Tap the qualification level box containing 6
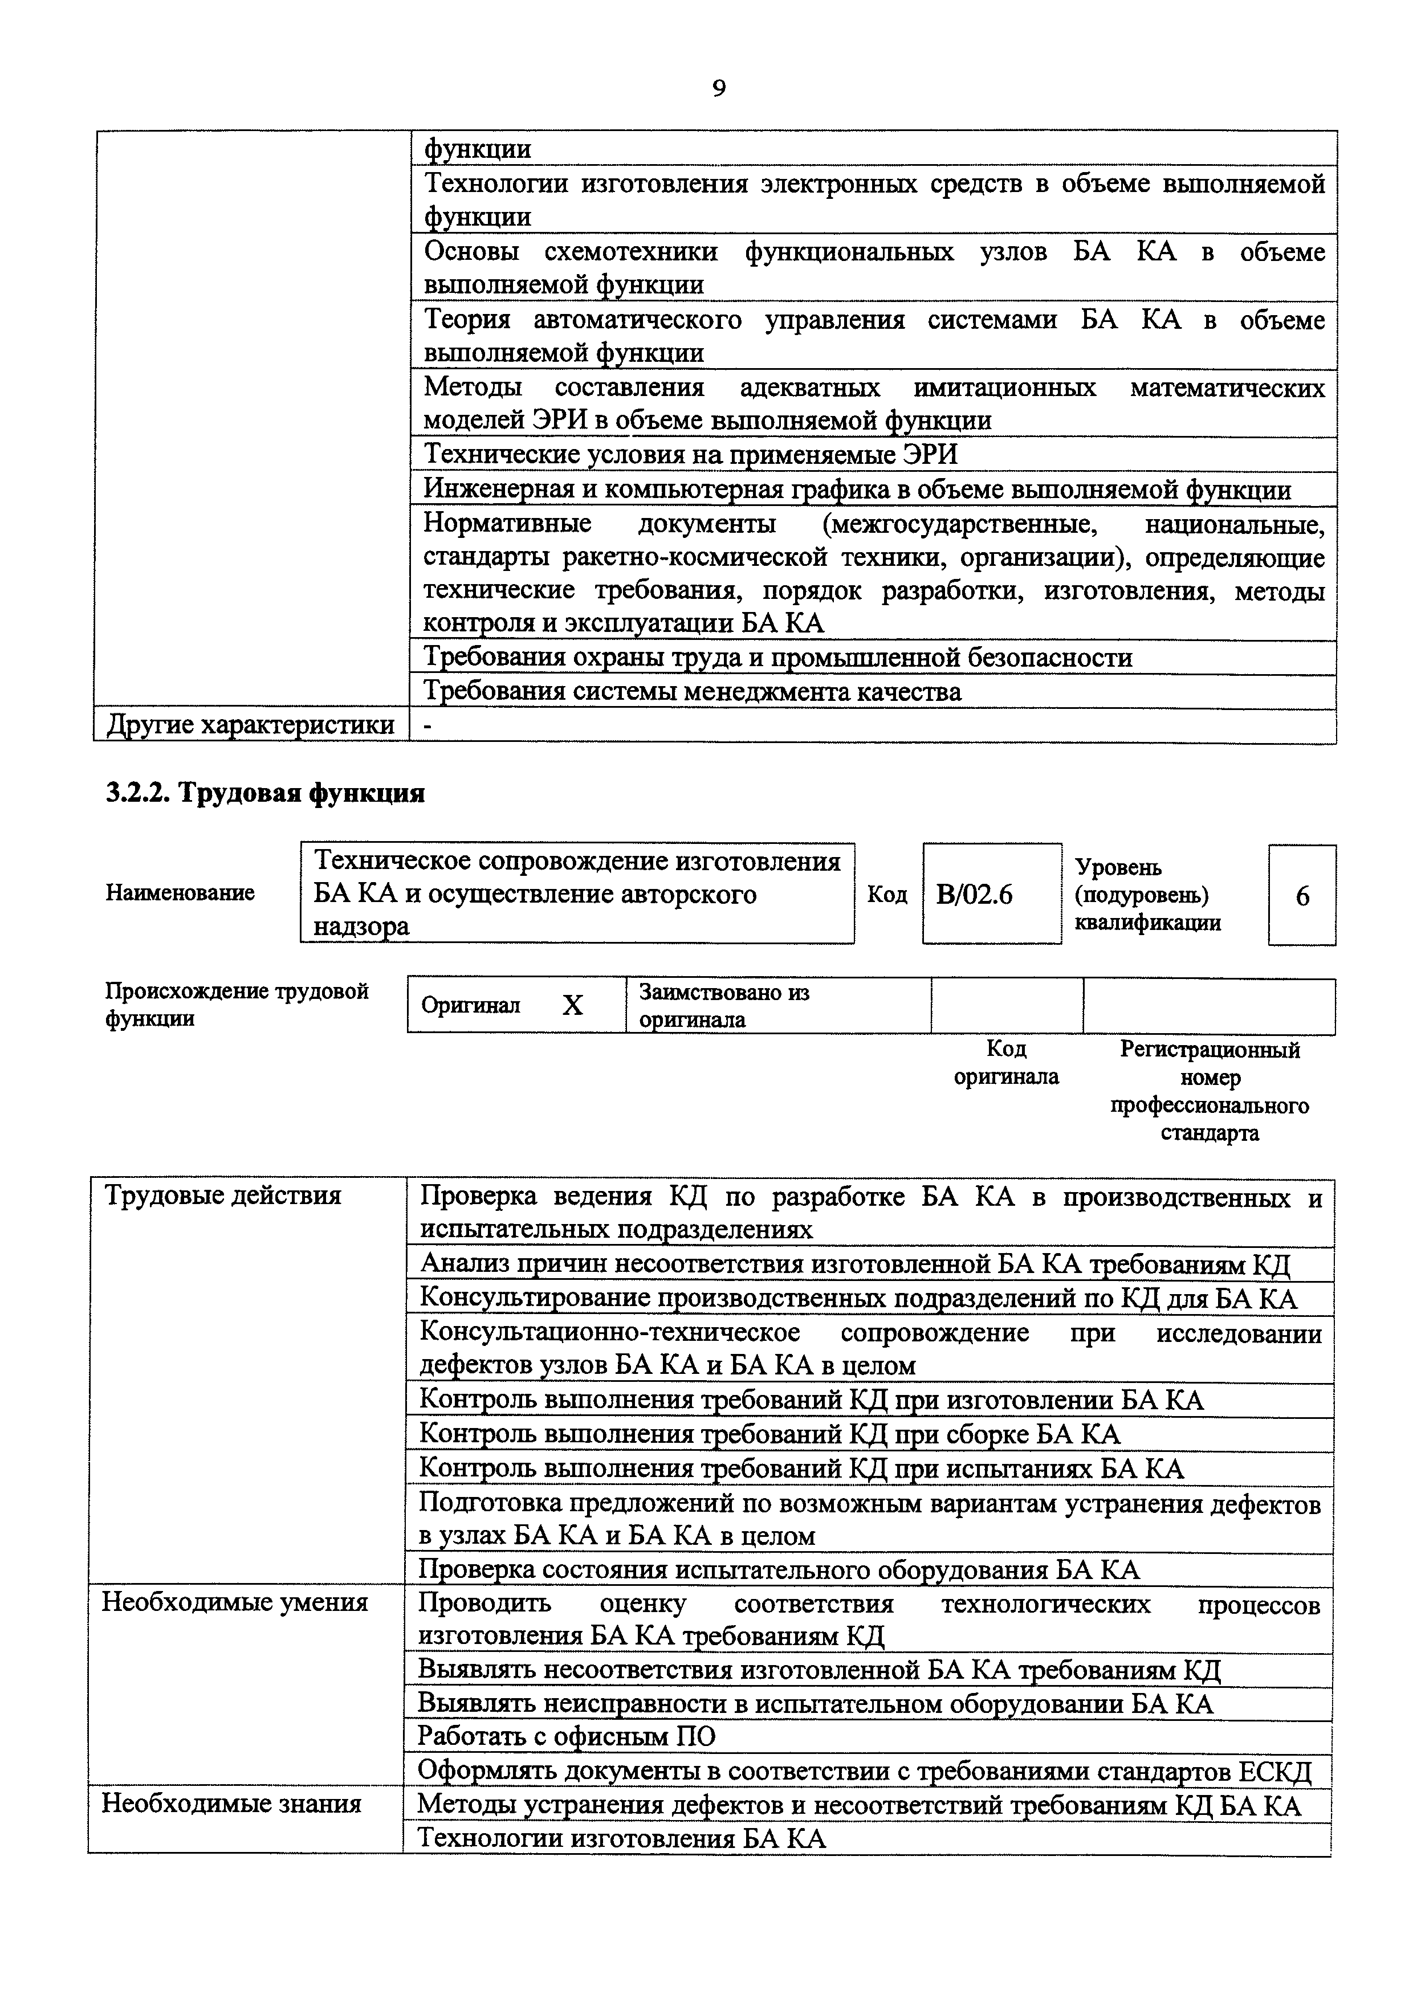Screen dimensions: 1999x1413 click(x=1301, y=896)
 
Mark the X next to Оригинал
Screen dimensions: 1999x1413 click(x=572, y=1006)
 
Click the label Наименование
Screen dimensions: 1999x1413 click(x=180, y=892)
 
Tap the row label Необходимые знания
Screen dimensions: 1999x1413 click(x=231, y=1802)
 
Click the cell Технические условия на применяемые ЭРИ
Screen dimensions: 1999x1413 click(x=690, y=455)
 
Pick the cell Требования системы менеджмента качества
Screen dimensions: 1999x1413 click(x=692, y=692)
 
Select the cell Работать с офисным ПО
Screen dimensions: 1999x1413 click(x=567, y=1736)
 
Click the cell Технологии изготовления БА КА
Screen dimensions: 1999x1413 click(x=622, y=1838)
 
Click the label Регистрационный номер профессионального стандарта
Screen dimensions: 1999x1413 click(x=1210, y=1091)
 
